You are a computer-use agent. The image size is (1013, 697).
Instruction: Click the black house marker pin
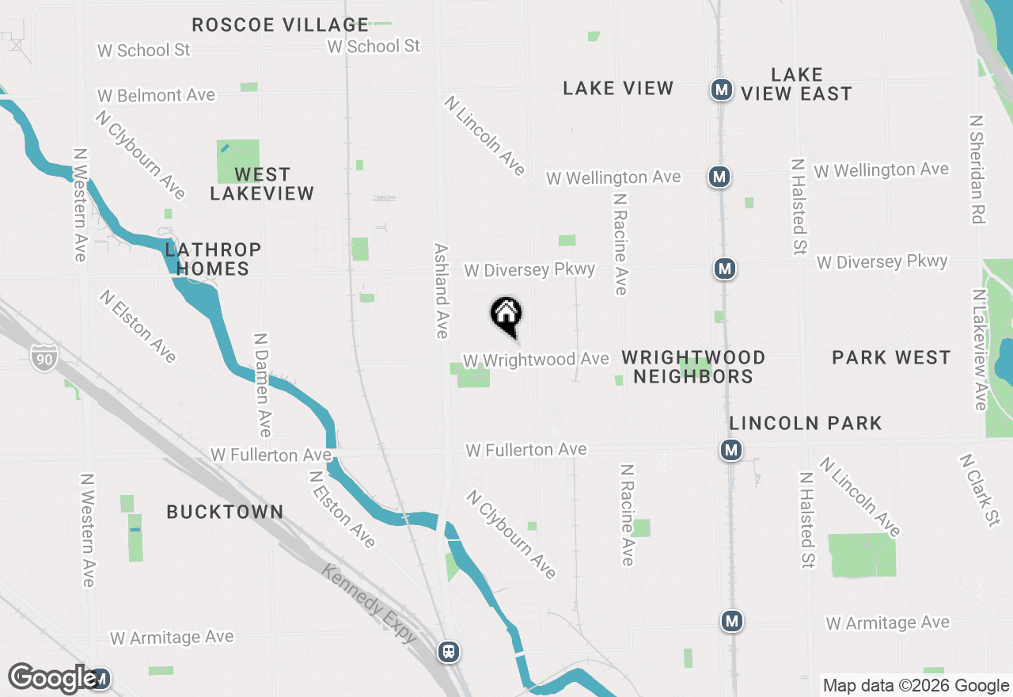(x=506, y=316)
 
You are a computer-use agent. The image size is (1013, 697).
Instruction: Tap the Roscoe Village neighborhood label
(x=280, y=25)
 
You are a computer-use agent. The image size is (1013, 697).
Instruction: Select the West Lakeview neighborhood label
(x=262, y=184)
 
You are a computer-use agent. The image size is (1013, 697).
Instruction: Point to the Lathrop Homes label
(x=213, y=260)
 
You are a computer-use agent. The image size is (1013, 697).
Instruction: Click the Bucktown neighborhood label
(x=225, y=512)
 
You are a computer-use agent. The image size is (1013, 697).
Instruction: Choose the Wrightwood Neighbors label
(x=693, y=367)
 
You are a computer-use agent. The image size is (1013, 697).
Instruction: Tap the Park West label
(x=891, y=358)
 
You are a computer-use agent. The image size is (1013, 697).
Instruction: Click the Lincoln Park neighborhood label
(x=806, y=424)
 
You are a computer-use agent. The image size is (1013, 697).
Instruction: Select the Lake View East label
(x=796, y=84)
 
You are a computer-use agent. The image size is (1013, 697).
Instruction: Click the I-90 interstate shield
(x=44, y=359)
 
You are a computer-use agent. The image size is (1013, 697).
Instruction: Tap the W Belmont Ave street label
(x=156, y=96)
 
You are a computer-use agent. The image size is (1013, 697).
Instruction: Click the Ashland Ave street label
(x=442, y=290)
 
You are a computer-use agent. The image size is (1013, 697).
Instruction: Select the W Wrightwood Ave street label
(x=536, y=360)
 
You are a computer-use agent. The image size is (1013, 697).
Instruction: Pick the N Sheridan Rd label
(x=977, y=169)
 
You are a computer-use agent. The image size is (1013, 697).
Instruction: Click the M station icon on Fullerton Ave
(x=730, y=451)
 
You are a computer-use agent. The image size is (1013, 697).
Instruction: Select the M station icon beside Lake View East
(x=721, y=90)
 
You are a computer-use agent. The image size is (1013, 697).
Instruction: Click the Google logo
(x=53, y=678)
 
